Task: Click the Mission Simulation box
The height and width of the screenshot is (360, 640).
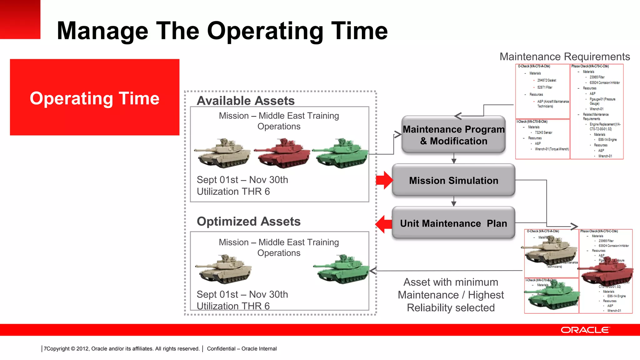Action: [x=453, y=180]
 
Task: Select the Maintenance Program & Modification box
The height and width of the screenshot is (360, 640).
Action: [x=453, y=135]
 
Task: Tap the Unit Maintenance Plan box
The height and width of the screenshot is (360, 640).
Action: [x=453, y=223]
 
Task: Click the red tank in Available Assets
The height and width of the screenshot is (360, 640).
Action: [x=282, y=153]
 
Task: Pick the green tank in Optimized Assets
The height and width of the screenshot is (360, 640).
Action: [x=342, y=269]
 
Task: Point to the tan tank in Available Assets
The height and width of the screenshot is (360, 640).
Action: [x=223, y=153]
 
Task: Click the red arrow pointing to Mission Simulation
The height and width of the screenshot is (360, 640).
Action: [x=384, y=180]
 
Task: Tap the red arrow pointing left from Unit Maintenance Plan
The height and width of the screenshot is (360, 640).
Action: [x=383, y=224]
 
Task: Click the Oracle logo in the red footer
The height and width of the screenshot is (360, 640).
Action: [x=585, y=330]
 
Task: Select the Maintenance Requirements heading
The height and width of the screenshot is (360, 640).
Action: [x=564, y=57]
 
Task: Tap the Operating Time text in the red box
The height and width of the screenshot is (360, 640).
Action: [x=94, y=98]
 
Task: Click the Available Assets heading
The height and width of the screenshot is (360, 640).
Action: [x=246, y=101]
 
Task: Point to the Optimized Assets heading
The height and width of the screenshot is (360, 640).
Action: [x=248, y=221]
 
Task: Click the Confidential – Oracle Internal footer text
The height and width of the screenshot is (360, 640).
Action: [x=242, y=348]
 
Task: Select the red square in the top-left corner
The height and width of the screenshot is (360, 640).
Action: [x=20, y=19]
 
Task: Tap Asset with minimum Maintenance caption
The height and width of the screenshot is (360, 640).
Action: [x=451, y=295]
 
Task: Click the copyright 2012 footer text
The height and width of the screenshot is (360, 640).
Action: [x=121, y=348]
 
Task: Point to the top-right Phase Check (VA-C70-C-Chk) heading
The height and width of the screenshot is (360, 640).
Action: [x=590, y=66]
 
